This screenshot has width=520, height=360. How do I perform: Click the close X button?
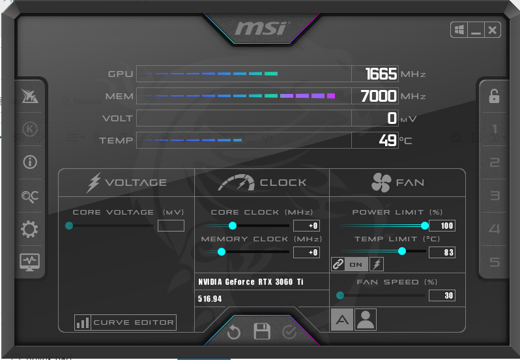click(x=493, y=30)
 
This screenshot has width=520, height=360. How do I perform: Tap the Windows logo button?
click(x=459, y=30)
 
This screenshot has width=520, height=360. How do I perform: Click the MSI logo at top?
click(x=262, y=29)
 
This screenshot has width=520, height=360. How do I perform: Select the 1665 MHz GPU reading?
click(x=381, y=74)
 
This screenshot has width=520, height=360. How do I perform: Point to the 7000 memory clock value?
click(x=379, y=96)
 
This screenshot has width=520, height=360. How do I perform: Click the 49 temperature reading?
click(x=388, y=140)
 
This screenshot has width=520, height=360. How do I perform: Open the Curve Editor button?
click(x=125, y=322)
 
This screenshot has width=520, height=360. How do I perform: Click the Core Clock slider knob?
click(x=233, y=226)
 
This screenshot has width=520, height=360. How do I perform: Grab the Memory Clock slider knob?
click(x=222, y=252)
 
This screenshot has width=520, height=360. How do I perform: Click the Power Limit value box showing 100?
click(x=442, y=226)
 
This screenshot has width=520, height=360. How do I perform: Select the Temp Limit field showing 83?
click(x=442, y=252)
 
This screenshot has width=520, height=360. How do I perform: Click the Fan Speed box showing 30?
click(x=442, y=295)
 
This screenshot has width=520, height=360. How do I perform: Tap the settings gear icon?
click(x=29, y=229)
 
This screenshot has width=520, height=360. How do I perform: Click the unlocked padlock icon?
click(x=494, y=96)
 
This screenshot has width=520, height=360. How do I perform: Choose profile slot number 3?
click(x=495, y=196)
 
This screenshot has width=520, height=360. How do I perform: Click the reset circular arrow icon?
click(x=234, y=332)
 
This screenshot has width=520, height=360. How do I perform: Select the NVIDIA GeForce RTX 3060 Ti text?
click(x=251, y=282)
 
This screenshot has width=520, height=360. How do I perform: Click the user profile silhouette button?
click(x=366, y=320)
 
